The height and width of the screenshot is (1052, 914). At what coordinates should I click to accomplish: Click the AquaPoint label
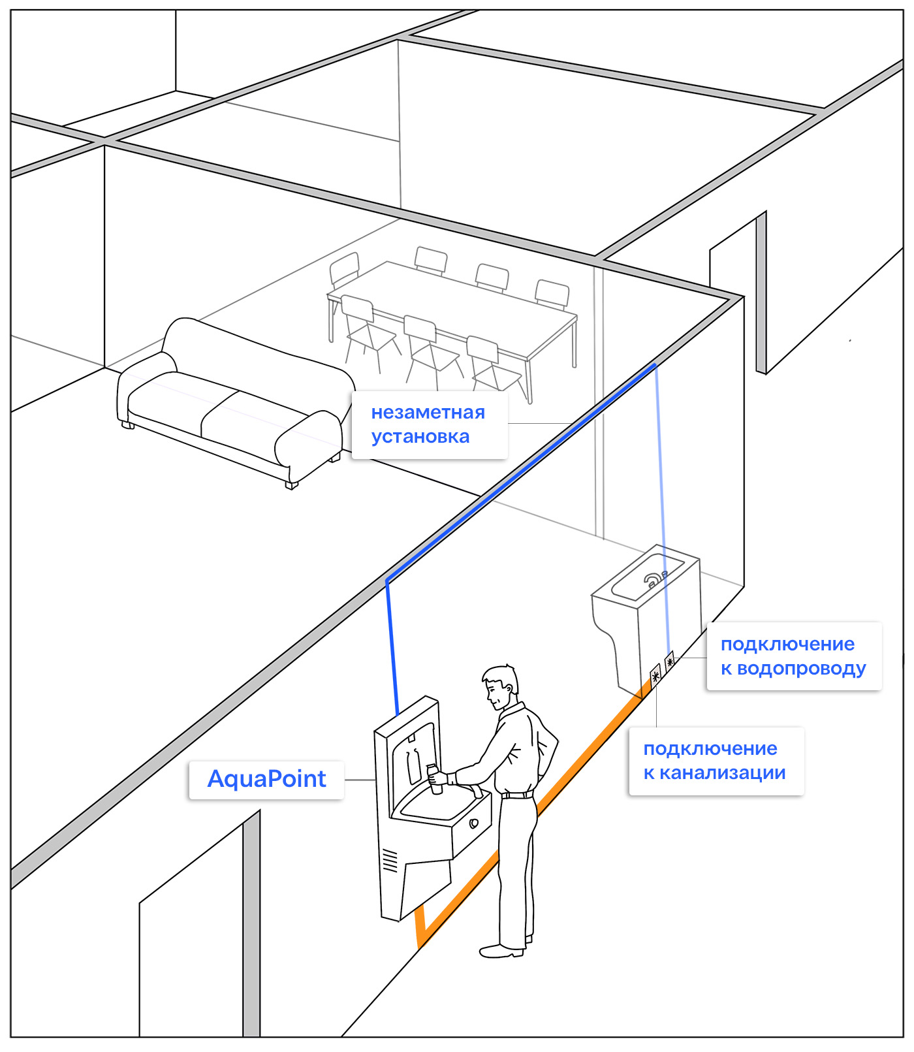click(266, 779)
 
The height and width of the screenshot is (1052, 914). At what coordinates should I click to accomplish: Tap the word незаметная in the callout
click(428, 413)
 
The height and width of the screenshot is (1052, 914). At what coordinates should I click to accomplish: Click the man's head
click(500, 686)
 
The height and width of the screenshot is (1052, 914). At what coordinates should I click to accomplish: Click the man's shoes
click(502, 950)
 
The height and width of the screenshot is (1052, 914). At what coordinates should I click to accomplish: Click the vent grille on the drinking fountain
click(390, 860)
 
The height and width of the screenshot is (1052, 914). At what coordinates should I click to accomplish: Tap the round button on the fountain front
click(474, 823)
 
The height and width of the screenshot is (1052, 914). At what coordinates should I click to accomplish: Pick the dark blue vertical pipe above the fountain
click(392, 646)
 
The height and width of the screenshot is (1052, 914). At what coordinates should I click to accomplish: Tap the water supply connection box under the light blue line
click(670, 662)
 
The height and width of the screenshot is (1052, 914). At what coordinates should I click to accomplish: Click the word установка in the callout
click(420, 437)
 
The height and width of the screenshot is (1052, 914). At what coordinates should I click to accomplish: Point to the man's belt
click(517, 795)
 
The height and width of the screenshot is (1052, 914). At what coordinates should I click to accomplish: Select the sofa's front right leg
click(291, 485)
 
